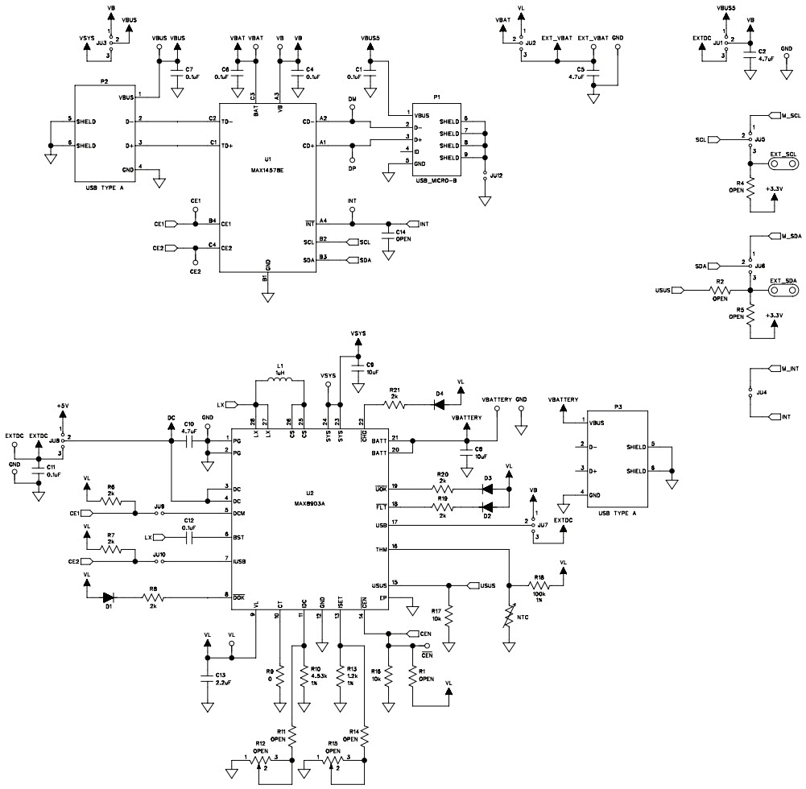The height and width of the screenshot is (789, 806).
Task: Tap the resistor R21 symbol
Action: (x=395, y=404)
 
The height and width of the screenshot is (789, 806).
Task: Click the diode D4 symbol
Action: (x=440, y=404)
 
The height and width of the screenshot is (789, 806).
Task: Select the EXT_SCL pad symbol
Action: (x=778, y=163)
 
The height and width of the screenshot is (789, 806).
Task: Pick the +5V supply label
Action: (x=63, y=406)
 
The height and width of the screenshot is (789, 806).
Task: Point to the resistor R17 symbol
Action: (x=451, y=618)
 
